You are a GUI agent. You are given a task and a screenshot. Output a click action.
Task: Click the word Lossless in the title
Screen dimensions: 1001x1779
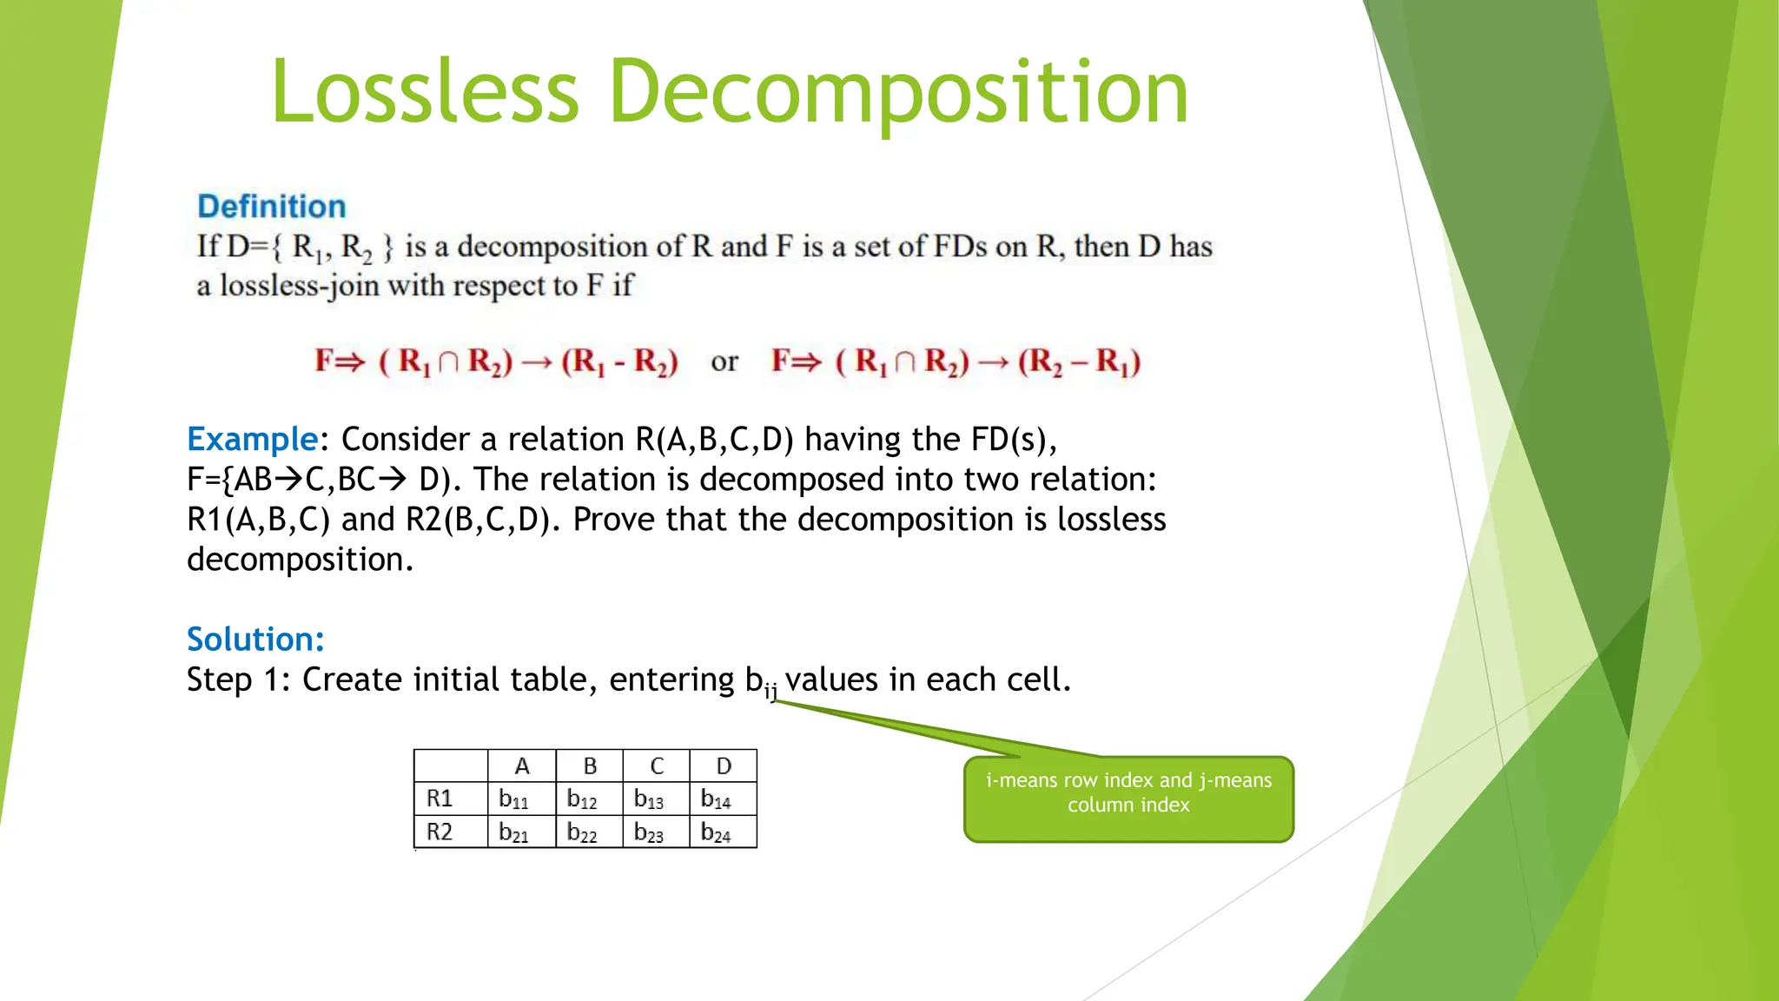(x=425, y=92)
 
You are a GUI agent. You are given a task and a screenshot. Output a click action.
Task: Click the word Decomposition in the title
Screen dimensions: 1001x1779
(x=898, y=92)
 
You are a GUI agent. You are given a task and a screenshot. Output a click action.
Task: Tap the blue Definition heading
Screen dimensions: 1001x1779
(x=272, y=207)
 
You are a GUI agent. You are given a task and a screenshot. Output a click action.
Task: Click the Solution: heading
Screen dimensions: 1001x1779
(x=255, y=640)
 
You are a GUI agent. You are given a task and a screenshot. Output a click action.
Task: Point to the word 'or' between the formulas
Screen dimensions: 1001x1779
(x=724, y=361)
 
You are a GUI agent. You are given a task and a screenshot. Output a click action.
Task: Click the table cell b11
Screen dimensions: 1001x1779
(x=514, y=799)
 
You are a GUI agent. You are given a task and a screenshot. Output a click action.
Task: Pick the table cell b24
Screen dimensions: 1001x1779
(x=716, y=832)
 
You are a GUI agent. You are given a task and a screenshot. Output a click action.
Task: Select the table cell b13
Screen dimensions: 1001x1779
(x=649, y=799)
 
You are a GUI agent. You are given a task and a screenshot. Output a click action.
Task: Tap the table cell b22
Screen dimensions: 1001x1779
(x=582, y=832)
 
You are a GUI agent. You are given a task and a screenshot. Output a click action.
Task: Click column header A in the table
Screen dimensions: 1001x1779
(x=522, y=766)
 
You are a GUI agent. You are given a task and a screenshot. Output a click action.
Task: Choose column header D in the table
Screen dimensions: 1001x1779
(x=724, y=766)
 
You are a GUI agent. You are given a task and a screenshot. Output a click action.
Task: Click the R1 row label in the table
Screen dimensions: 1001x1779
(x=440, y=799)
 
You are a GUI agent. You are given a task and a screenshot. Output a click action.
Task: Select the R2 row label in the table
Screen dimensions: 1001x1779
(x=440, y=832)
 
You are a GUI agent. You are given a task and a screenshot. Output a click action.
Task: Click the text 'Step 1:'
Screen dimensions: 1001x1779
(x=238, y=679)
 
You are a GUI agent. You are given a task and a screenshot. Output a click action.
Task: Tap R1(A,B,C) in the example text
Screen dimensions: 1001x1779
(x=259, y=520)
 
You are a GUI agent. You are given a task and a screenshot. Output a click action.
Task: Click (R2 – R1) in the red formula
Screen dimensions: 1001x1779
(x=1079, y=361)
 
